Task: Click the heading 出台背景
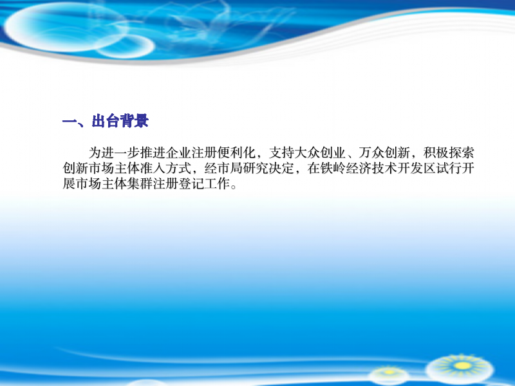click(x=120, y=121)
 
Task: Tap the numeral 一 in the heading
click(x=70, y=122)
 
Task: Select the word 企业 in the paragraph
click(x=178, y=152)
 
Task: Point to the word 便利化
click(x=236, y=152)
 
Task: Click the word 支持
click(x=281, y=152)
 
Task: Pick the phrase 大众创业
click(x=320, y=152)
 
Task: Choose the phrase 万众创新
click(x=384, y=152)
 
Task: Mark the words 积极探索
click(x=449, y=152)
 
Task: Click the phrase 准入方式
click(x=165, y=168)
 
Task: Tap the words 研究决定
click(x=268, y=168)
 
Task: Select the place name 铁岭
click(x=333, y=168)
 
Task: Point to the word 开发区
click(x=417, y=168)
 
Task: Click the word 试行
click(x=449, y=168)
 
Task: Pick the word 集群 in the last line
click(x=140, y=183)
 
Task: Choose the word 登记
click(x=191, y=183)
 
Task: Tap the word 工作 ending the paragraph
click(x=217, y=183)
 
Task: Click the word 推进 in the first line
click(x=153, y=152)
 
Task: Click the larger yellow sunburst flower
click(x=462, y=366)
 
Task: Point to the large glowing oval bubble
click(x=66, y=26)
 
